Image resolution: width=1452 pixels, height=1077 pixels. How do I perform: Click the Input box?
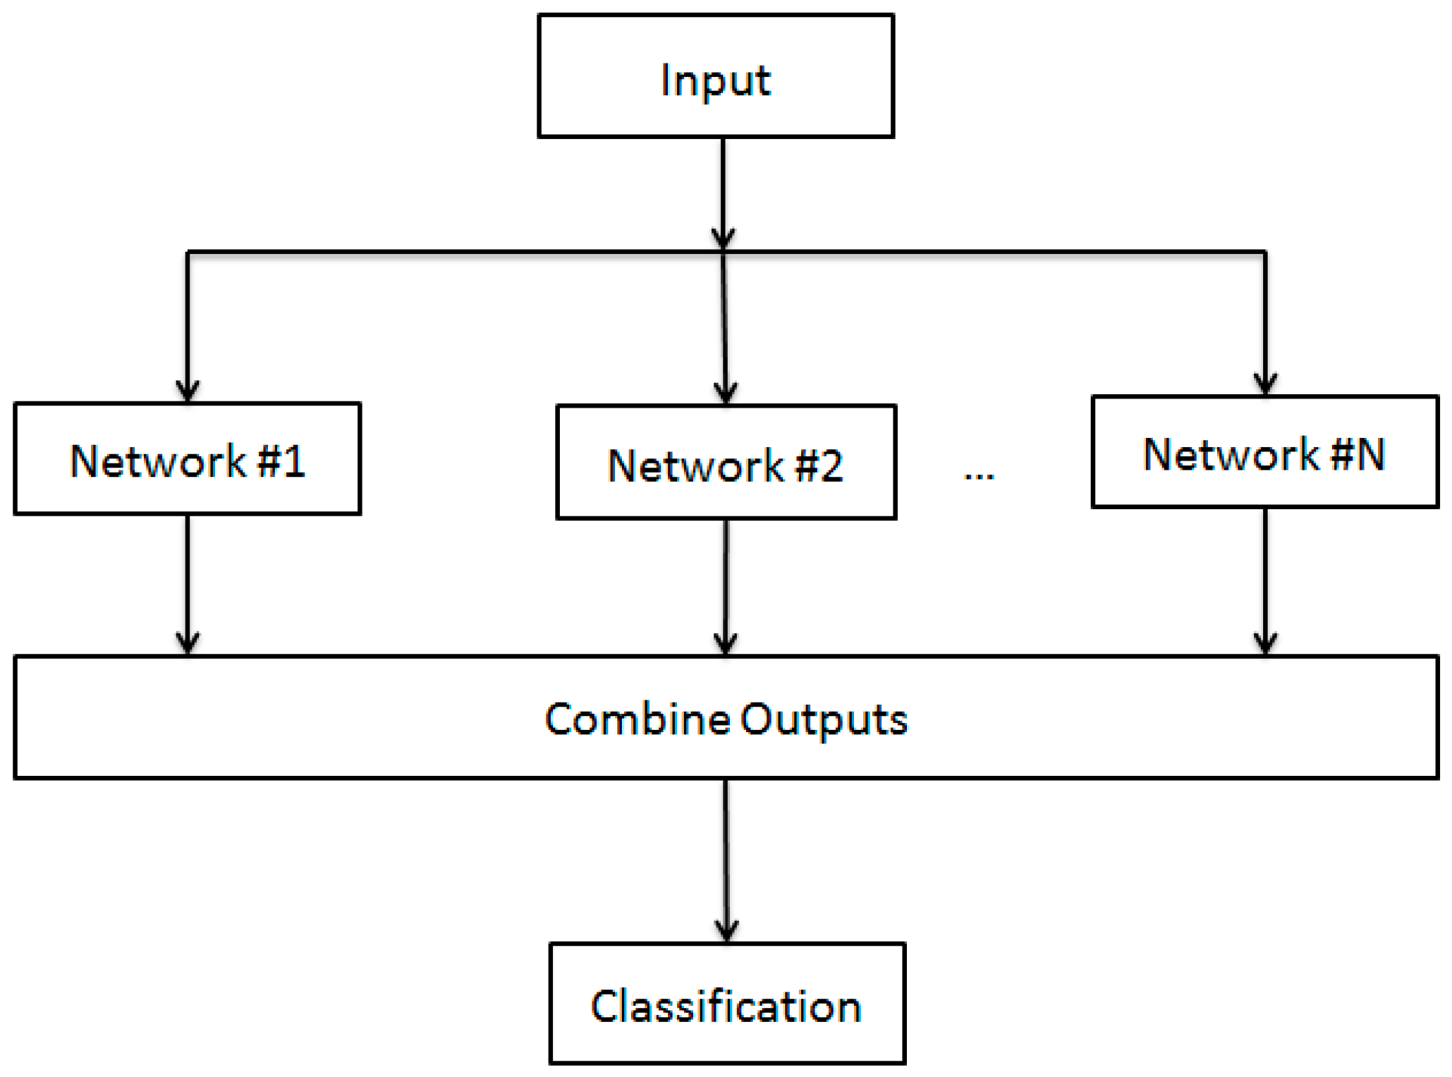tap(715, 75)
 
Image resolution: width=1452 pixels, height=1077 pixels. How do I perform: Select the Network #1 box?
tap(187, 458)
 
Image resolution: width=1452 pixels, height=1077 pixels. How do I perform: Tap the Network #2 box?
tap(726, 462)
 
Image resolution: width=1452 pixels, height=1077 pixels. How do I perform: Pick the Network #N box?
tap(1264, 451)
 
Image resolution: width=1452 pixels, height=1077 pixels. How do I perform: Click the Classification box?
tap(726, 1003)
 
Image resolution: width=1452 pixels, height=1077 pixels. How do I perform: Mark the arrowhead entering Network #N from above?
tap(1265, 384)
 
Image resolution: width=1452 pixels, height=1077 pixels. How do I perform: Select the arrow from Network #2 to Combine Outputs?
tap(726, 587)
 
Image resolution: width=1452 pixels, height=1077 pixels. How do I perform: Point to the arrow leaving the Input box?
tap(723, 190)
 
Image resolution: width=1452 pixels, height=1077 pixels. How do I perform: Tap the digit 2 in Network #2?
tap(831, 466)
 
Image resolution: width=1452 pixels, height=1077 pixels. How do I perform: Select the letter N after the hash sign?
tap(1370, 455)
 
